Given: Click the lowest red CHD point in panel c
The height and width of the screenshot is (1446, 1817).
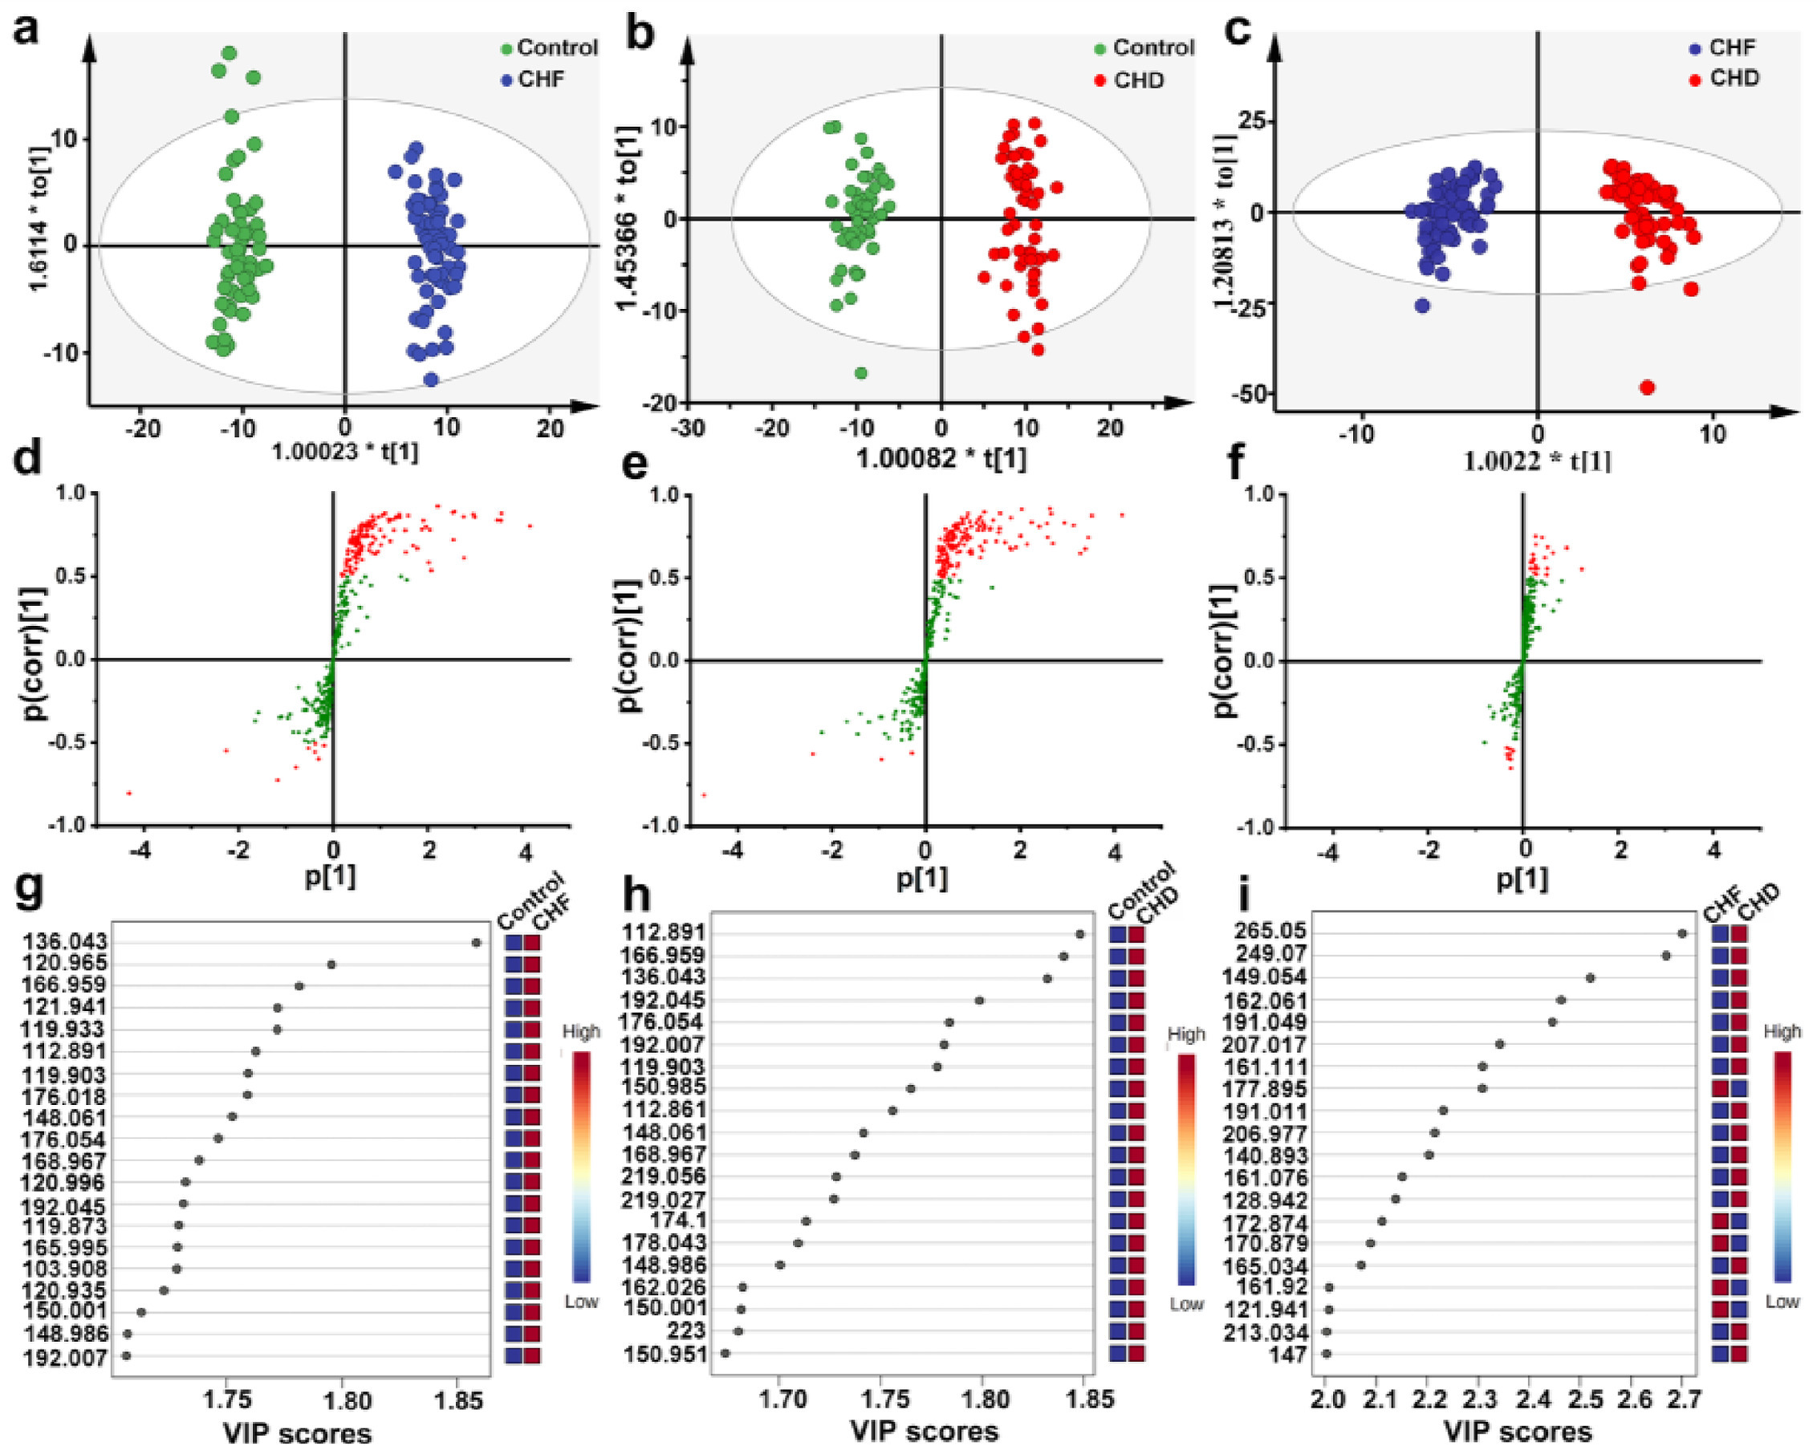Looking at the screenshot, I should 1647,388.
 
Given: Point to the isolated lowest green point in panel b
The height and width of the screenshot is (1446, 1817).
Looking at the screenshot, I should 860,373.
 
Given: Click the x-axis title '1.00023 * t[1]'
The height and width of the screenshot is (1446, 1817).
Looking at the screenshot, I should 343,453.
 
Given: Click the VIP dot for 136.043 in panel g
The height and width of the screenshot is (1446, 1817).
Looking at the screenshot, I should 476,943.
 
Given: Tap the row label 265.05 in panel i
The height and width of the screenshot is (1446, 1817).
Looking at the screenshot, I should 1270,931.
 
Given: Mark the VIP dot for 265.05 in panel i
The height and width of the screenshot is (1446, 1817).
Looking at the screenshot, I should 1682,932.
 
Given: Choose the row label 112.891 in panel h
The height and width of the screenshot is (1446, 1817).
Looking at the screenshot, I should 664,932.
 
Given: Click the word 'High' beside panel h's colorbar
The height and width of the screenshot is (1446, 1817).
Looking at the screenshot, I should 1185,1034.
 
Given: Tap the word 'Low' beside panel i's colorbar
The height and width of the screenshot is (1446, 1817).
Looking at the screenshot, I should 1782,1302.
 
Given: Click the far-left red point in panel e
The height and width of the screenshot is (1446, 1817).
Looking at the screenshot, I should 704,795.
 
